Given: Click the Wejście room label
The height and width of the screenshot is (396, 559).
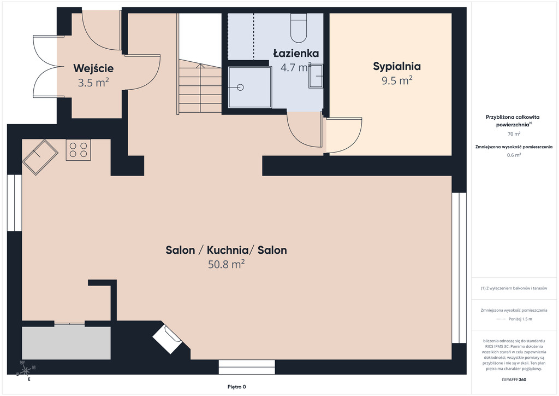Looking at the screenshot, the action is click(x=93, y=68).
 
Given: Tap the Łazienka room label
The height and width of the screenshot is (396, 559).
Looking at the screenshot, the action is click(x=296, y=53).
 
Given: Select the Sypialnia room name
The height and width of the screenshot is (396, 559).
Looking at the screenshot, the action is click(x=397, y=66).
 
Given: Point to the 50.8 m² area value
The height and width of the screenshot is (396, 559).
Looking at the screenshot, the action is click(x=226, y=264).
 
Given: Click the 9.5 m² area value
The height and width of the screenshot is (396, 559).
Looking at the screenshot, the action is click(x=397, y=80).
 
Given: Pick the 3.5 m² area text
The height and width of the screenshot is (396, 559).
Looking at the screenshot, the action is click(x=93, y=83).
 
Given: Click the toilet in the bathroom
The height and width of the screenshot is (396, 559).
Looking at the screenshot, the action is click(x=299, y=28).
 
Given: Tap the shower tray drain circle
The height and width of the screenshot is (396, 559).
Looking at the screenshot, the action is click(x=240, y=87).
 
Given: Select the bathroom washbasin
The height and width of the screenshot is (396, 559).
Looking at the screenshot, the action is click(x=316, y=76).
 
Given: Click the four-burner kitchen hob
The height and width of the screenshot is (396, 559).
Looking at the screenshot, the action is click(x=78, y=150).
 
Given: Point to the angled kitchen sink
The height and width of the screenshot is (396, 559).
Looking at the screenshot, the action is click(x=40, y=157).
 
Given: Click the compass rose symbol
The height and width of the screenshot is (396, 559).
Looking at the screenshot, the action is click(x=26, y=371).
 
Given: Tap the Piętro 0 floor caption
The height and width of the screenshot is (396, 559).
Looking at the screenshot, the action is click(x=237, y=387).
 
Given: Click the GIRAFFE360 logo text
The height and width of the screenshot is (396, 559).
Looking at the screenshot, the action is click(x=514, y=380).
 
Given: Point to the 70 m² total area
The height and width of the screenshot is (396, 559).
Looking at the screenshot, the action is click(x=514, y=134).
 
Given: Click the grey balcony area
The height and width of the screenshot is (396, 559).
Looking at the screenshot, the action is click(x=66, y=343).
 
